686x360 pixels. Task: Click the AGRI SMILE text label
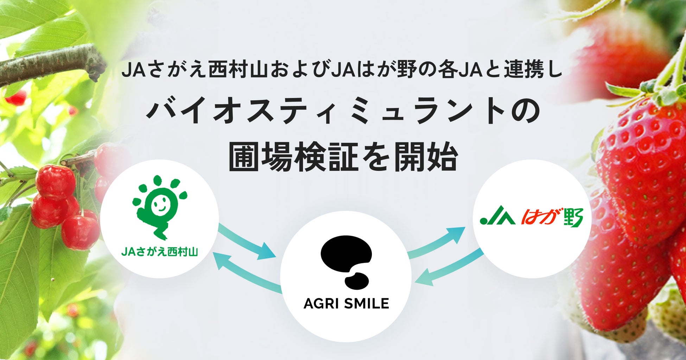click(346, 303)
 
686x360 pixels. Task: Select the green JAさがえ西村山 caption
click(159, 252)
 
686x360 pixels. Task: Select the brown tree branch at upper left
click(49, 65)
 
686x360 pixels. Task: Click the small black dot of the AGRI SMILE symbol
click(357, 281)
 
